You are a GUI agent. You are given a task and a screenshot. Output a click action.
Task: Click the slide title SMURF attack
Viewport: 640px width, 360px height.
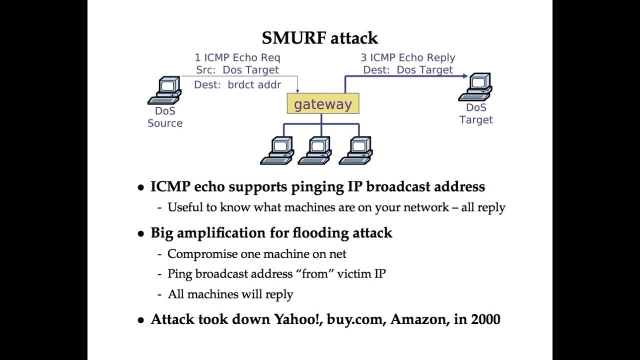pyautogui.click(x=319, y=38)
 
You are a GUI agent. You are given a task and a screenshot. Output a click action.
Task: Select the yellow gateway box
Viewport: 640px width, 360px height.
pyautogui.click(x=322, y=104)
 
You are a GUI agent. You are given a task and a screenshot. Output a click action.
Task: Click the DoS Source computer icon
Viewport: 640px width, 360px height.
pyautogui.click(x=164, y=90)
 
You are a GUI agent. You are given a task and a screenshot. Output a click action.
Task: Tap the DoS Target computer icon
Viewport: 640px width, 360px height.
pyautogui.click(x=475, y=87)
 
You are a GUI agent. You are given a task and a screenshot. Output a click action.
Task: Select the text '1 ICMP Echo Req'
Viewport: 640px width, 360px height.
pyautogui.click(x=237, y=57)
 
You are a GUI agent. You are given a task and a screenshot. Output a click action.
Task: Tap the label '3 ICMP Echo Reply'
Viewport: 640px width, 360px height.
pyautogui.click(x=408, y=57)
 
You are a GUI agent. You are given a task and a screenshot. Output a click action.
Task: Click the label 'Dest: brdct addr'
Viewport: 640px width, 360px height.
pyautogui.click(x=237, y=85)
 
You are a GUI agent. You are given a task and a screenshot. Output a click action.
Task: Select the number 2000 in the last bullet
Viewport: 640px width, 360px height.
pyautogui.click(x=485, y=319)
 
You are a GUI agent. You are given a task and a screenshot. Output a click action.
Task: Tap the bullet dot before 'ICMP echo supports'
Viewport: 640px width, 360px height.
pyautogui.click(x=141, y=188)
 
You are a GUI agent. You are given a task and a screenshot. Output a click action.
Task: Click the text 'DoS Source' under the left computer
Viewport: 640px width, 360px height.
pyautogui.click(x=164, y=117)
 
